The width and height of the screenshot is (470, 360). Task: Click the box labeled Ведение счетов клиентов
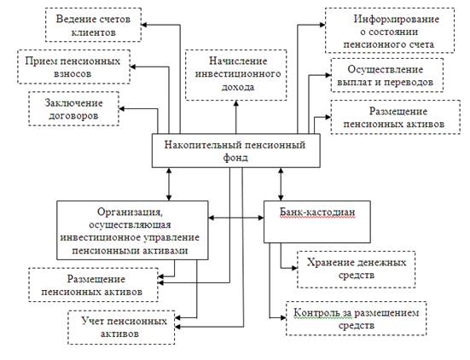tap(93, 25)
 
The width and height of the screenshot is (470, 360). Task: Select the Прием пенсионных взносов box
tap(73, 67)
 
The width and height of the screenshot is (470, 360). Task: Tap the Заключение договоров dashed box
tap(73, 108)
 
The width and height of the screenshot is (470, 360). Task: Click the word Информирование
tap(397, 19)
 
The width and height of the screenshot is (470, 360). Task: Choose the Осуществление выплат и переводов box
tap(387, 75)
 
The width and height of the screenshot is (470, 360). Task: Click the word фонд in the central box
tap(235, 157)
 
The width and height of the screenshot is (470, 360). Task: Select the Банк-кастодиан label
tap(317, 212)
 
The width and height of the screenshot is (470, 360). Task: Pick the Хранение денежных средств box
tap(357, 270)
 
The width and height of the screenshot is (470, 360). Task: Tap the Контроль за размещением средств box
tap(357, 318)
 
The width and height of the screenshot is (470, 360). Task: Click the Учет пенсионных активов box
tap(121, 328)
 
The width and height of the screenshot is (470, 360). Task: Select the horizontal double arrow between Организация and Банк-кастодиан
tap(236, 218)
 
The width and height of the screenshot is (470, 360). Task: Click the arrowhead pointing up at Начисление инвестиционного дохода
tap(236, 103)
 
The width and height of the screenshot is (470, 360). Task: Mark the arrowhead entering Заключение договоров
tap(122, 108)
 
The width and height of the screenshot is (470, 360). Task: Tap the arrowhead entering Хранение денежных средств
tap(294, 268)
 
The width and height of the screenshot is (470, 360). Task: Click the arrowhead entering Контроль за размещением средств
tap(283, 317)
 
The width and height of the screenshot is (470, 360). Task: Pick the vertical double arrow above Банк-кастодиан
tap(281, 184)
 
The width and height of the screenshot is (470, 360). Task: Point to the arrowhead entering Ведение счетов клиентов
tap(144, 25)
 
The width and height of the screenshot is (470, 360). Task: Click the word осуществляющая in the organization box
tap(131, 224)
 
